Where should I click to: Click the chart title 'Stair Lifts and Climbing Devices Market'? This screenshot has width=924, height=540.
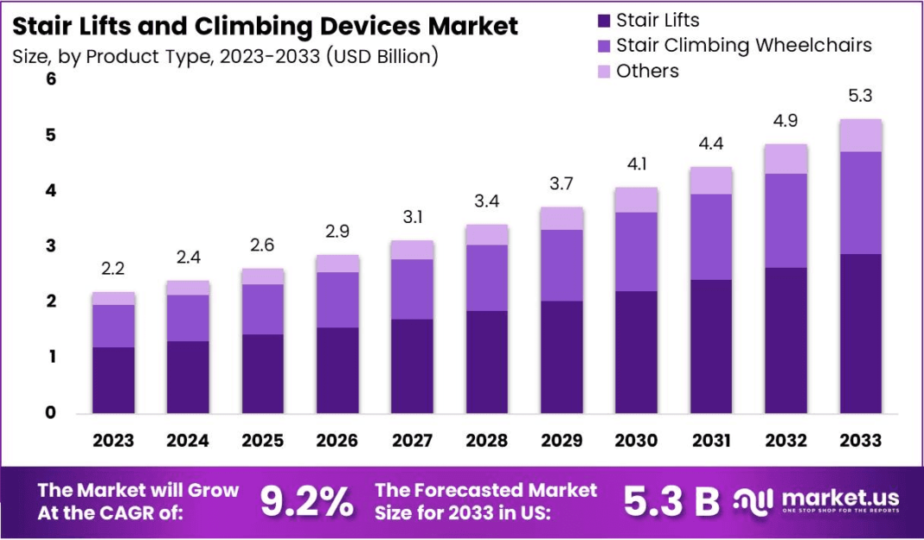coord(266,26)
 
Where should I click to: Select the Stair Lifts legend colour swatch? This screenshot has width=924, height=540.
coord(602,20)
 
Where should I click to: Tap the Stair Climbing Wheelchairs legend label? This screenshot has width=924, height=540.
coord(744,45)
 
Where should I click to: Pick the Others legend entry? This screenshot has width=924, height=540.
coord(647,71)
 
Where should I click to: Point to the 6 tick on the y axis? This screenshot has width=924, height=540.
coord(50,79)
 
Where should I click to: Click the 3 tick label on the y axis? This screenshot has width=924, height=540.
coord(50,246)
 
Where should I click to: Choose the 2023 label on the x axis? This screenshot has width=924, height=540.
coord(113,441)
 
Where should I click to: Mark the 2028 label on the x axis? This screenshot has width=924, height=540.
coord(486,441)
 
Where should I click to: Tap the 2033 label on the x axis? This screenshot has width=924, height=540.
coord(860,441)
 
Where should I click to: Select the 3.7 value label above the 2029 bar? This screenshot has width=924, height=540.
coord(561,184)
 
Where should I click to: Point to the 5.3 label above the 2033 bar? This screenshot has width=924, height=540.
coord(860,96)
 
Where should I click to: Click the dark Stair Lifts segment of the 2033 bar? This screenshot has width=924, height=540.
coord(860,333)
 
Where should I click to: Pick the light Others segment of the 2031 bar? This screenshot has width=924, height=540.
coord(710,181)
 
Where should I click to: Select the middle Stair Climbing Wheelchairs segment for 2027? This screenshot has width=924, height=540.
coord(412,289)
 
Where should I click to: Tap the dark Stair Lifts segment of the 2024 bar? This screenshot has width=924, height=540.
coord(188,377)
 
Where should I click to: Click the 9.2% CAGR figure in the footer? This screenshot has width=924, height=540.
coord(307,501)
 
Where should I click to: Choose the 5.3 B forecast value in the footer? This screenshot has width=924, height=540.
coord(671,501)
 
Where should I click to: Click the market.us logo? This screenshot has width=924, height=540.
coord(818,500)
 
